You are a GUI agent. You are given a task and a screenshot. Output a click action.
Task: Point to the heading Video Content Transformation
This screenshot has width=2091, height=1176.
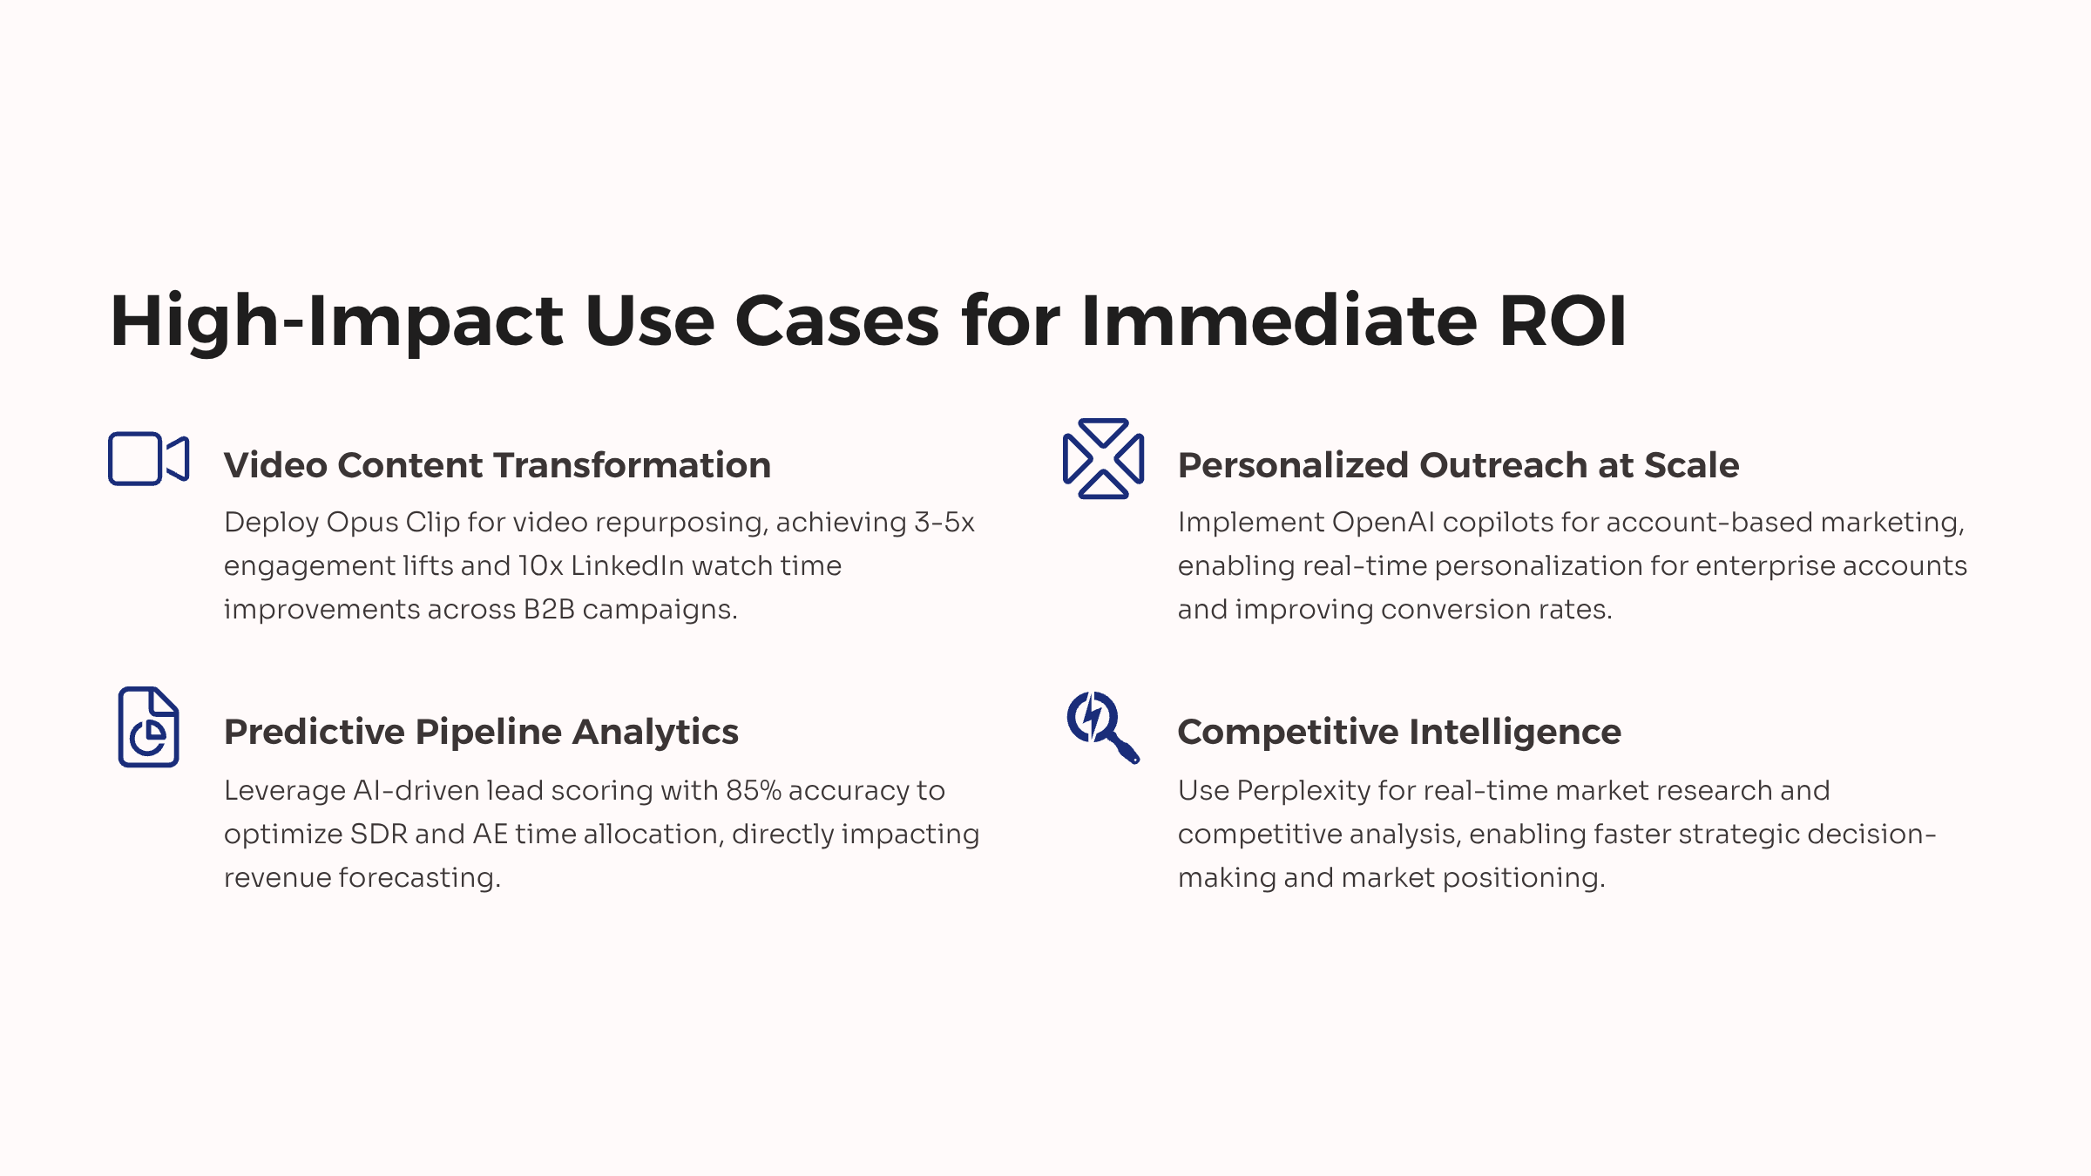click(x=497, y=465)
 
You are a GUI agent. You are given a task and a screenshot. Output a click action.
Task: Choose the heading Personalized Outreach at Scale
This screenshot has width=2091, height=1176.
click(x=1458, y=465)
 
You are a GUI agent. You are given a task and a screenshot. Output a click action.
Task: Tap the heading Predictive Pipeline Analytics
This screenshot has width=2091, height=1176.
click(x=481, y=732)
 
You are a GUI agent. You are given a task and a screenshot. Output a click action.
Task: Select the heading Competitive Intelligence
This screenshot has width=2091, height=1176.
click(x=1399, y=732)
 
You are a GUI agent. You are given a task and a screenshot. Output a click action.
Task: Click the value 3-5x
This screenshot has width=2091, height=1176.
click(x=944, y=522)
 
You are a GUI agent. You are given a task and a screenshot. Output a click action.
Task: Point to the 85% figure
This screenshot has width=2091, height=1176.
click(x=754, y=790)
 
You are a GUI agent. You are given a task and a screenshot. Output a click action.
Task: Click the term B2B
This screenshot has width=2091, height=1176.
click(x=549, y=609)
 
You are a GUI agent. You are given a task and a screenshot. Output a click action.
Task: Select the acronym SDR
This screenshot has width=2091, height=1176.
click(x=379, y=834)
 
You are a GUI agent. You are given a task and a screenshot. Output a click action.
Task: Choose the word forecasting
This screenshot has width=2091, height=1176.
click(x=419, y=878)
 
